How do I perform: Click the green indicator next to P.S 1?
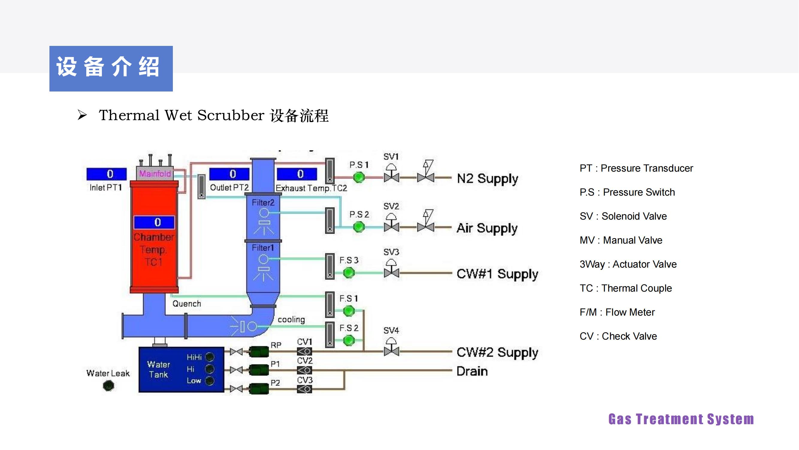359,178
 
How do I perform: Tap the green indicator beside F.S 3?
349,273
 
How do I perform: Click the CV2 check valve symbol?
304,370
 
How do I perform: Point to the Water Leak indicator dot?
108,386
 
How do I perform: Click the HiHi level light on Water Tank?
210,357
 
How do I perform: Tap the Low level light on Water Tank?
210,381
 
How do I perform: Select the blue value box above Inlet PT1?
106,174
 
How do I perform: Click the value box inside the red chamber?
154,222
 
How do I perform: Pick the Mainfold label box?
155,174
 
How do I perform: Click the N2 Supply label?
487,178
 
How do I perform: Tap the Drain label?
472,371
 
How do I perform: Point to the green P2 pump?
259,389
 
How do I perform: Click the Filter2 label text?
263,203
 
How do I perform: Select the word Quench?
187,303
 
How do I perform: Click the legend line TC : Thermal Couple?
625,288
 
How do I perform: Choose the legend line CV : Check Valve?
618,336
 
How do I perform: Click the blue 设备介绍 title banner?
111,69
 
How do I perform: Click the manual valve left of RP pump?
236,352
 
